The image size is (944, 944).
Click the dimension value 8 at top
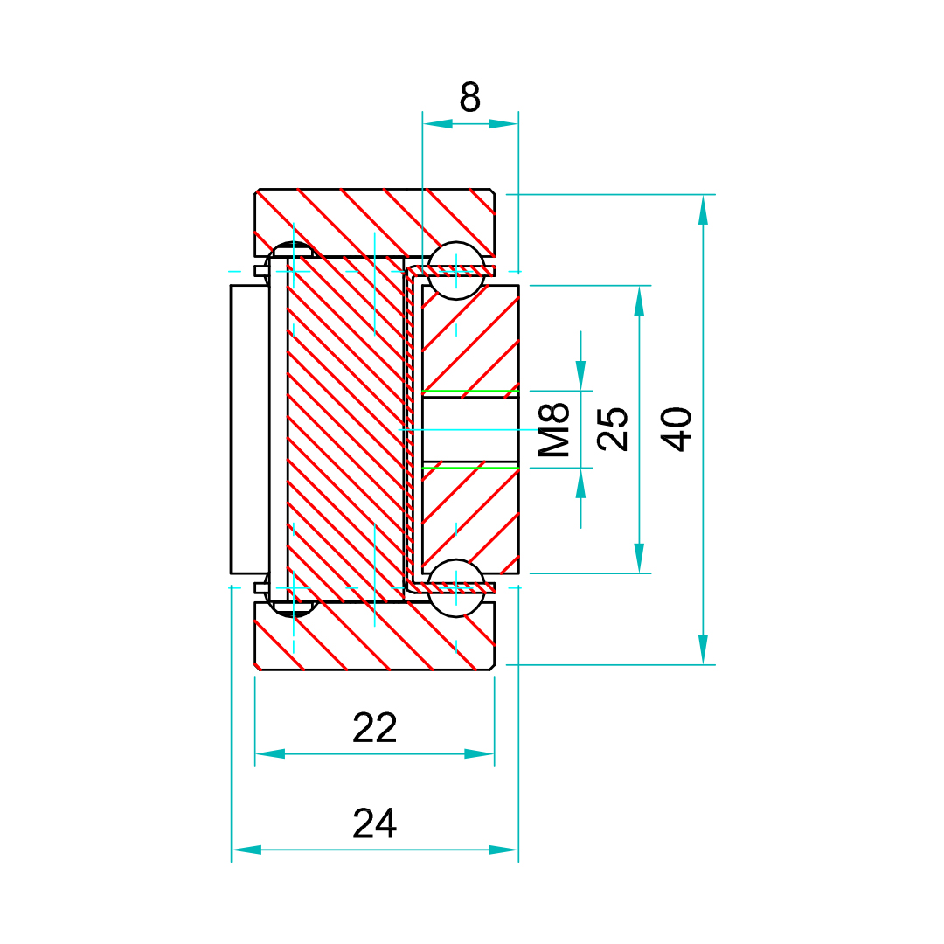pos(469,96)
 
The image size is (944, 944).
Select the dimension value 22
pos(374,727)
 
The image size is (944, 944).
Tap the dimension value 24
pos(374,823)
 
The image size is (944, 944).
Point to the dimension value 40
pos(677,428)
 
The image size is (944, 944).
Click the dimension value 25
pos(614,428)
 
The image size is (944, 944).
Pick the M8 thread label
pos(554,429)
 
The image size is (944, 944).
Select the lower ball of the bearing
pos(455,587)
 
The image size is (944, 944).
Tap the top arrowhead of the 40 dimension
pos(703,210)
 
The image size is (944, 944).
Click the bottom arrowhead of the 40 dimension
pos(703,649)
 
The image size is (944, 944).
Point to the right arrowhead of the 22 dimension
pos(479,753)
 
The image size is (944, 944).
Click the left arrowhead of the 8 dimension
pos(438,124)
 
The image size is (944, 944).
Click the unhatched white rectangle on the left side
pos(249,428)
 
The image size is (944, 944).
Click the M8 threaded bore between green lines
pos(469,429)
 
